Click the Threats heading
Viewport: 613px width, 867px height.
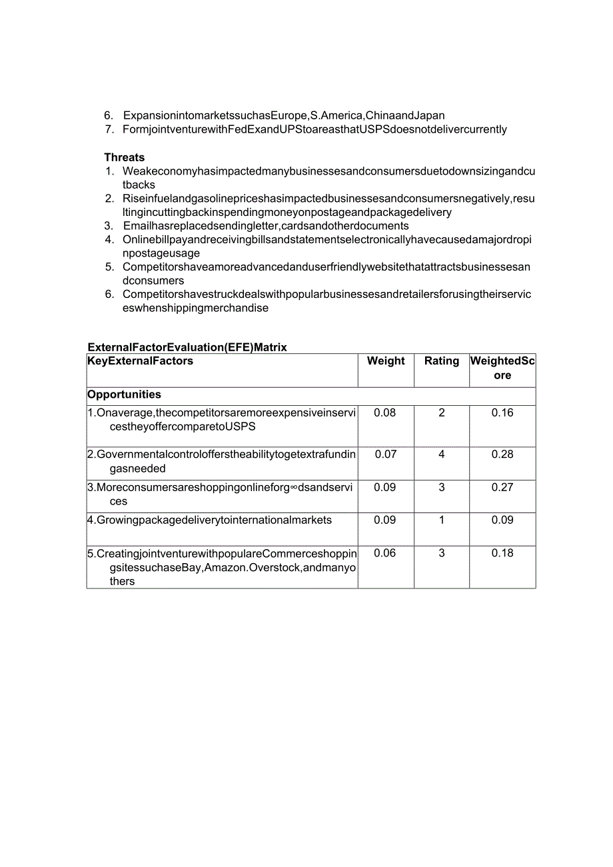[124, 157]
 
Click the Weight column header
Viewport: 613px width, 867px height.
[386, 361]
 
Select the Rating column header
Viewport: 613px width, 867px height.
[442, 361]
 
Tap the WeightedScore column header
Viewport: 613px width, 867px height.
[502, 368]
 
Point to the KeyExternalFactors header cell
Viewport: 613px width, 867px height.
[141, 361]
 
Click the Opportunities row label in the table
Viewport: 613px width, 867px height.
[124, 395]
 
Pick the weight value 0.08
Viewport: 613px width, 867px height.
[385, 413]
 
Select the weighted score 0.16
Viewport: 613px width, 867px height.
[502, 413]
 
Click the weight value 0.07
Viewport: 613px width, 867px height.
[385, 454]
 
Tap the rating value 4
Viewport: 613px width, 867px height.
[442, 454]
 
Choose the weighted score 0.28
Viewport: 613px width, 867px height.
[502, 454]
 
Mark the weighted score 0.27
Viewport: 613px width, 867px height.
[502, 487]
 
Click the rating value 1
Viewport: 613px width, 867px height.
[442, 520]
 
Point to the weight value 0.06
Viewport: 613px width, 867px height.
[385, 552]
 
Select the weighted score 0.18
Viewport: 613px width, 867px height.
[502, 552]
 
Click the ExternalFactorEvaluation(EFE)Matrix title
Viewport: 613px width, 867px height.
[187, 347]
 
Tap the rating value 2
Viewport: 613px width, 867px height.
[442, 413]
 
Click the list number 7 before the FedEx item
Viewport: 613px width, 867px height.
[109, 129]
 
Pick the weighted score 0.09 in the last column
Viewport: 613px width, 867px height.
[502, 520]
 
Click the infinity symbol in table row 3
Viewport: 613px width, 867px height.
[294, 488]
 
